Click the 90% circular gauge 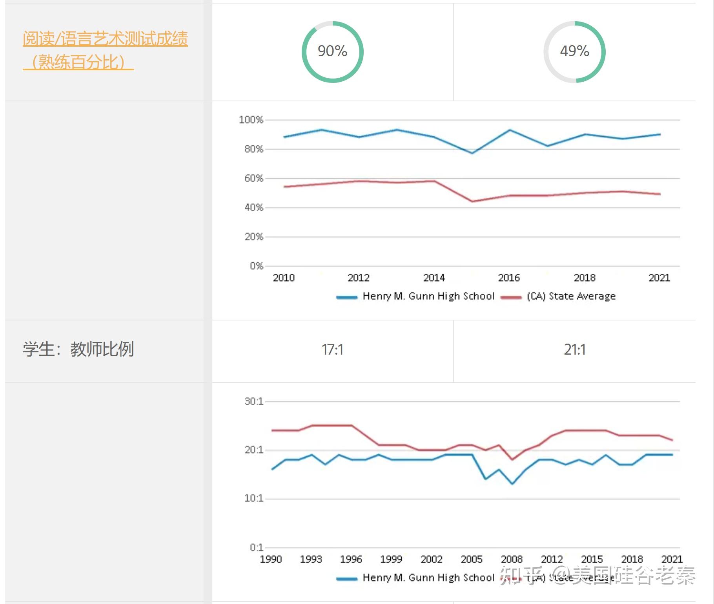tap(332, 51)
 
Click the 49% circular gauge tap(574, 51)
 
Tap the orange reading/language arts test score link tap(105, 50)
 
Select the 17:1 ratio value tap(332, 349)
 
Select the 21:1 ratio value tap(574, 349)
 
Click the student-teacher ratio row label tap(78, 349)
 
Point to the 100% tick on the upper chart tap(251, 120)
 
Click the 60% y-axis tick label tap(253, 178)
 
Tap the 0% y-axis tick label tap(256, 266)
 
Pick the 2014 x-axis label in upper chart tap(434, 278)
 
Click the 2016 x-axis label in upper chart tap(509, 278)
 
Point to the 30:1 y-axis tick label tap(253, 401)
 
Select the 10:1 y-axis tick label tap(253, 498)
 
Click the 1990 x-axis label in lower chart tap(271, 559)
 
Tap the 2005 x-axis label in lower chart tap(472, 559)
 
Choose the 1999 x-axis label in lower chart tap(391, 559)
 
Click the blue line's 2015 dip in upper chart tap(472, 153)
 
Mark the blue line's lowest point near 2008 tap(512, 484)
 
